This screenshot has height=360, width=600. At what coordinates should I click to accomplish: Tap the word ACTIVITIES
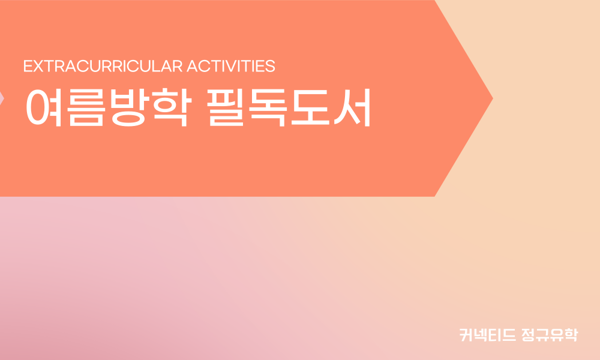(231, 66)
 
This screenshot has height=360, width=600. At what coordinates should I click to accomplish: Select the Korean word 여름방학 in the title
(109, 107)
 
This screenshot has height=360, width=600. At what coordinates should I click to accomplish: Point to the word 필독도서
(289, 107)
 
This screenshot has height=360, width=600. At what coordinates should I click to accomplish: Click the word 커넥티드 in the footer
(487, 335)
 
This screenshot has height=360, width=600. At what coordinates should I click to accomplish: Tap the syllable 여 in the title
(44, 107)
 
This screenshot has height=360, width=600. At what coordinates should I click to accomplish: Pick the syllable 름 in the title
(86, 107)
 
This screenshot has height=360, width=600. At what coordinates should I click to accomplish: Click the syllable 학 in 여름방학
(172, 107)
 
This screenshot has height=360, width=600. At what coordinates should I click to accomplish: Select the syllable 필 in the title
(226, 107)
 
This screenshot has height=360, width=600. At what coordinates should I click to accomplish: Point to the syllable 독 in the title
(268, 107)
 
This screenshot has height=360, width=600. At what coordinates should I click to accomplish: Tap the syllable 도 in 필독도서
(310, 107)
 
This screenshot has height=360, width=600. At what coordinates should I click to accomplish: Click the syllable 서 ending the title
(352, 107)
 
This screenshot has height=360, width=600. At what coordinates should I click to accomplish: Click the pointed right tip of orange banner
(492, 99)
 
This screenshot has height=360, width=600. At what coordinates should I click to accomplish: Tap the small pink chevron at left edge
(2, 99)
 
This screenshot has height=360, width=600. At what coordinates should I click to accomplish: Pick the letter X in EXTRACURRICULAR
(38, 66)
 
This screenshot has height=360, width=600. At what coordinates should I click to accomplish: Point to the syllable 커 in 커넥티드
(466, 335)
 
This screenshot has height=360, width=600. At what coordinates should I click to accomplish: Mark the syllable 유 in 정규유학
(557, 335)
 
